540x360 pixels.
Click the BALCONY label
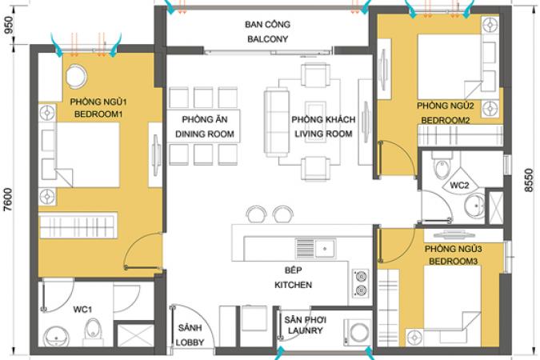pyautogui.click(x=267, y=39)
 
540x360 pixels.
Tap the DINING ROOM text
pyautogui.click(x=205, y=134)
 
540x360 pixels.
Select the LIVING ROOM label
pyautogui.click(x=323, y=134)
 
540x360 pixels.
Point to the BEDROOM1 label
pyautogui.click(x=98, y=114)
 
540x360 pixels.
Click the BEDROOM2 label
pyautogui.click(x=446, y=121)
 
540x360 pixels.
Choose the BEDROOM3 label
pyautogui.click(x=454, y=262)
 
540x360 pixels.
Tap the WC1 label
pyautogui.click(x=82, y=310)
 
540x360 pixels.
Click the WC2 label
pyautogui.click(x=460, y=186)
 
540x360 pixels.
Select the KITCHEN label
pyautogui.click(x=293, y=285)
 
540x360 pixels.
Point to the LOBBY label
pyautogui.click(x=190, y=342)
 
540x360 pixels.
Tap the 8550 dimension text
pyautogui.click(x=529, y=180)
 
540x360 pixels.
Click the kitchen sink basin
pyautogui.click(x=325, y=248)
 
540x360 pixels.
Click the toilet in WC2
pyautogui.click(x=442, y=166)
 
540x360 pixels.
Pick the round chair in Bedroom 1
pyautogui.click(x=76, y=75)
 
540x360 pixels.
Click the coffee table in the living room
pyautogui.click(x=315, y=118)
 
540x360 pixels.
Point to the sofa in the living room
pyautogui.click(x=276, y=122)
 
